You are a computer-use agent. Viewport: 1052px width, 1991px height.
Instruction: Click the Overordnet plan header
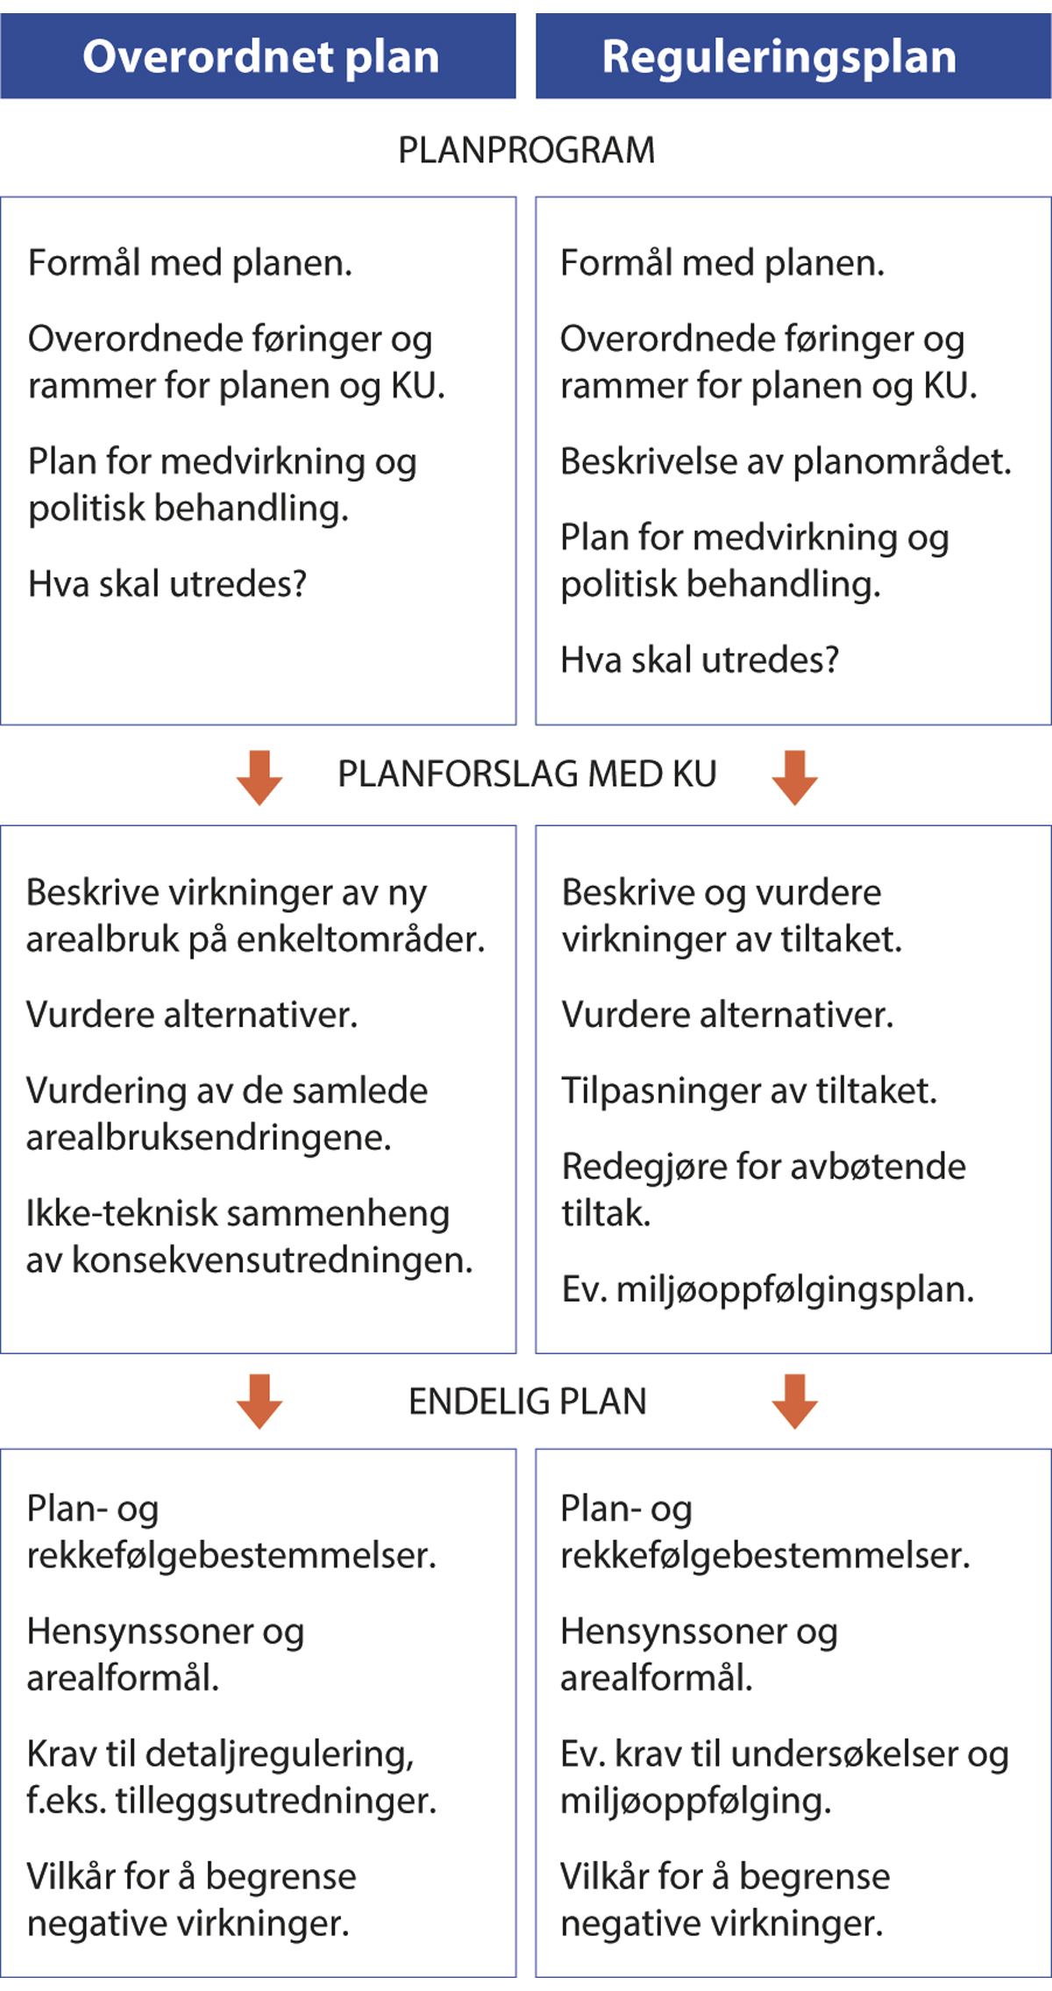tap(259, 57)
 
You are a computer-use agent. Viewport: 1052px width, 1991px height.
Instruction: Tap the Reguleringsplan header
tap(778, 57)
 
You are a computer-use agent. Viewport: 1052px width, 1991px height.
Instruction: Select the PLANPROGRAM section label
tap(526, 150)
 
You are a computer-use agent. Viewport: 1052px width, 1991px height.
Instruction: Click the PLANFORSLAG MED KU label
tap(527, 774)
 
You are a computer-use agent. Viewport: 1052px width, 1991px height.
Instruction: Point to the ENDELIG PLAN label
tap(527, 1402)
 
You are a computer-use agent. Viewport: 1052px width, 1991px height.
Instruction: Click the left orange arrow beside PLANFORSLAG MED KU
tap(259, 777)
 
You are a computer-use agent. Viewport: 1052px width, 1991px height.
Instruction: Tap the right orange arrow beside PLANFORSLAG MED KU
tap(794, 777)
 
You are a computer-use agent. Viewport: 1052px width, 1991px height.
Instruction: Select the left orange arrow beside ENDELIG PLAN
tap(259, 1402)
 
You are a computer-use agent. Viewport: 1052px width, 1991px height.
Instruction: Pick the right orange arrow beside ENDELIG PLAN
tap(794, 1402)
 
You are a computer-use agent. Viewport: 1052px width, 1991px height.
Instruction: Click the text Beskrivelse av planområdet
tap(785, 462)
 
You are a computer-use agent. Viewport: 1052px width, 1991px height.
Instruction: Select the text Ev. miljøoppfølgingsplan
tap(767, 1289)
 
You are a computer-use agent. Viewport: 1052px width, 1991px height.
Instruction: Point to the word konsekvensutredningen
tap(272, 1260)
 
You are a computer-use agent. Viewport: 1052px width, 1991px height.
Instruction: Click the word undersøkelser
tap(843, 1754)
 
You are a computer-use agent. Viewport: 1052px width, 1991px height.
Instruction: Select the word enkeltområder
tap(360, 939)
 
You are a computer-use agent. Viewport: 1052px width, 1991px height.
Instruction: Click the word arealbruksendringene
tap(209, 1138)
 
